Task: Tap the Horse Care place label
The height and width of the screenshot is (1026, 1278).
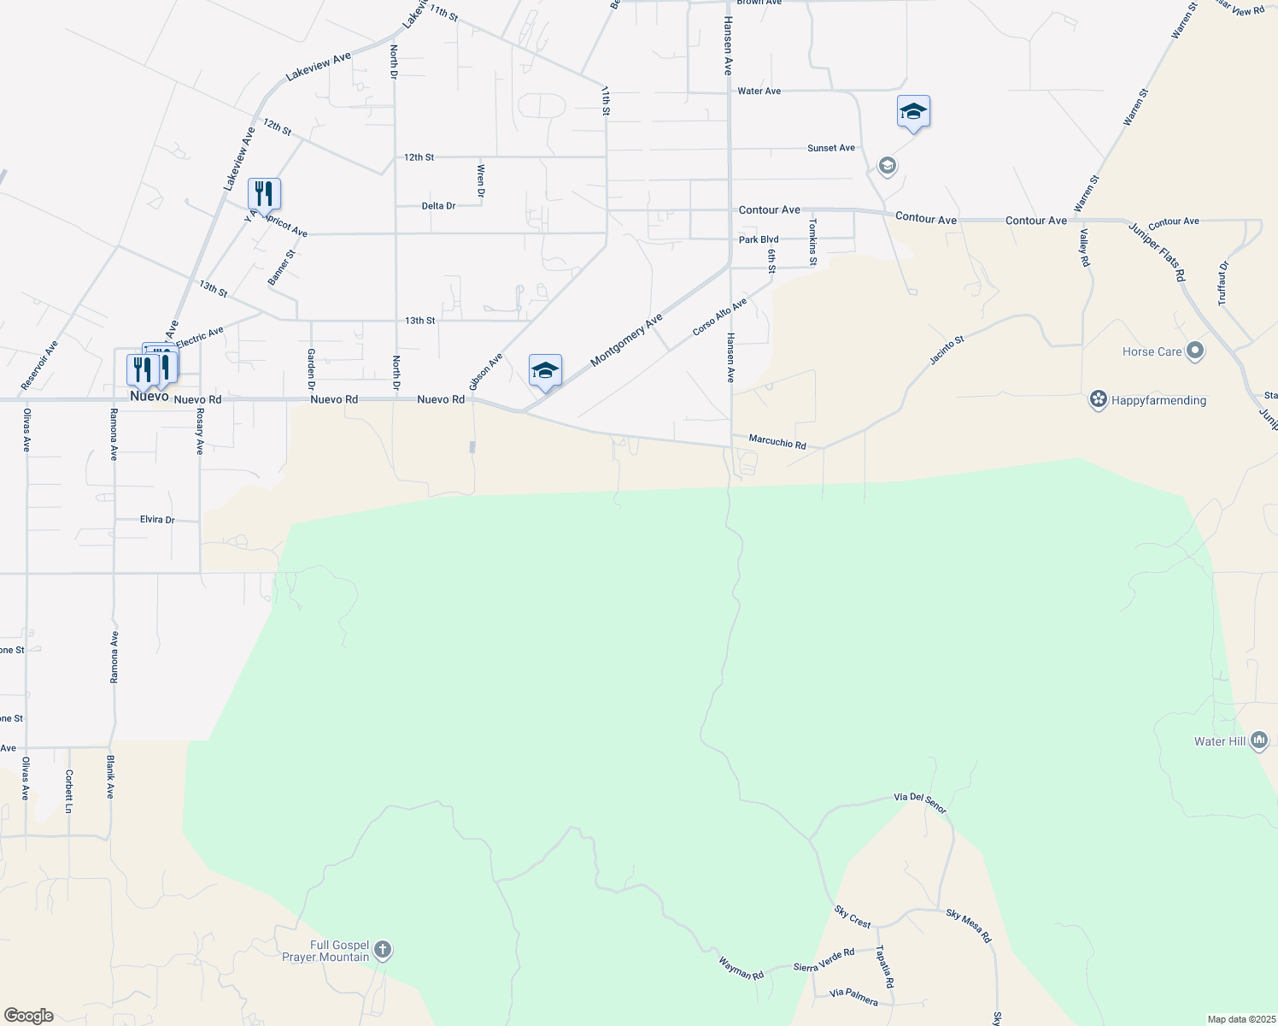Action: (x=1152, y=351)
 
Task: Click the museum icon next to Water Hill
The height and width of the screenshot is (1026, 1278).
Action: (x=1258, y=741)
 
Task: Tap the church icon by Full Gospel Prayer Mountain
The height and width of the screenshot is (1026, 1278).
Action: (x=383, y=950)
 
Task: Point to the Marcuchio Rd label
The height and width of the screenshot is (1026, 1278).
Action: (x=777, y=441)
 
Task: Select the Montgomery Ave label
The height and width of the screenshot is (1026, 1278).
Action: (x=626, y=340)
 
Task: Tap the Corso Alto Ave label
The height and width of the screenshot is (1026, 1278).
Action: (x=719, y=316)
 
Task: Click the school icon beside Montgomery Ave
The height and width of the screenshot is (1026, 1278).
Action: (x=545, y=371)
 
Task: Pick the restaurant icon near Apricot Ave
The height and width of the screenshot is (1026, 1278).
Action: (x=264, y=194)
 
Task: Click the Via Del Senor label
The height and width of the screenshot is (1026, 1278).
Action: (x=920, y=804)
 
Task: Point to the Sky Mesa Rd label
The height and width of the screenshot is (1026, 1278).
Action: (x=969, y=926)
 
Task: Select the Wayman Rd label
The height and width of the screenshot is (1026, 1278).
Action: (x=741, y=969)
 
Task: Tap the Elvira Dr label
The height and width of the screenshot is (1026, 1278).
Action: (x=157, y=520)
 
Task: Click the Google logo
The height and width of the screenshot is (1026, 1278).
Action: (x=29, y=1016)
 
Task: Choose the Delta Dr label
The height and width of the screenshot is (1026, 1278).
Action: (x=438, y=206)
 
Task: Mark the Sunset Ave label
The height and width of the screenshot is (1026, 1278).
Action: (x=831, y=148)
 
